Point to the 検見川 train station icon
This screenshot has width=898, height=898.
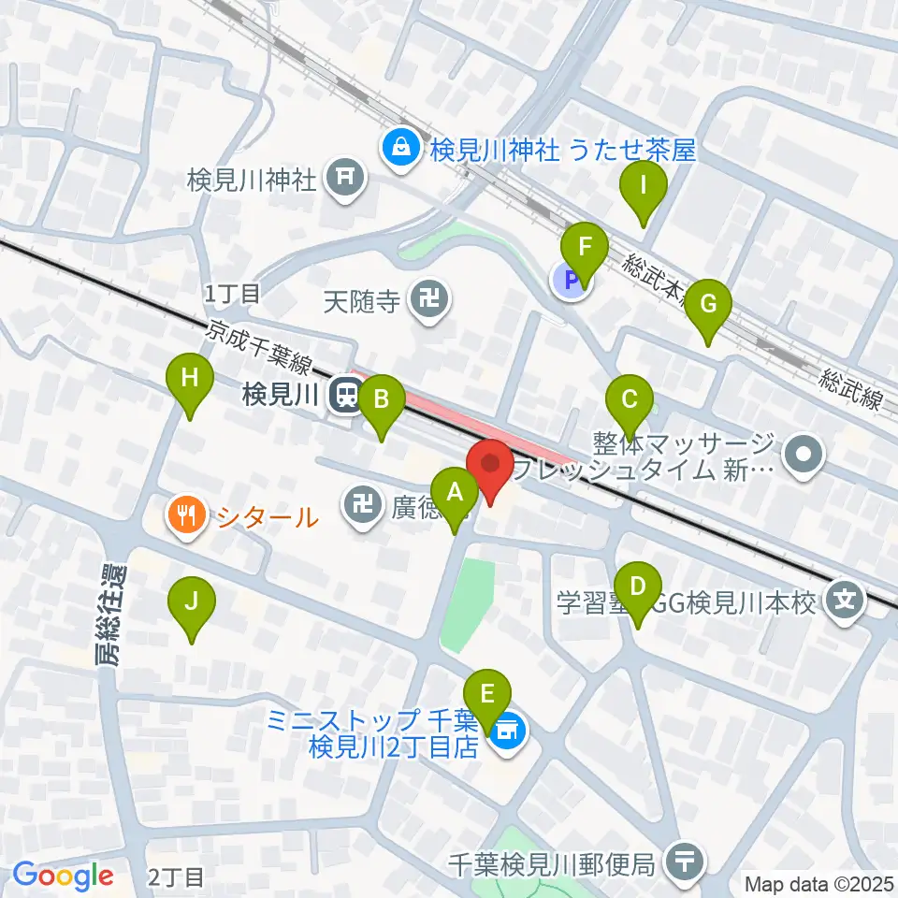345,396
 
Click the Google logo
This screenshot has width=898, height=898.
62,876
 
